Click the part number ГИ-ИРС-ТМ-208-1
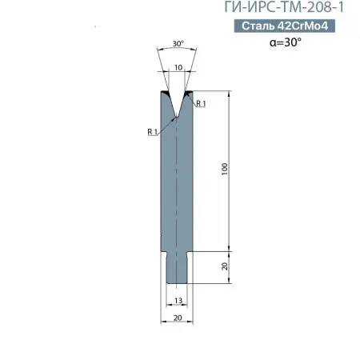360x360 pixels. [284, 7]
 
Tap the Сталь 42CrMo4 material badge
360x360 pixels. [285, 26]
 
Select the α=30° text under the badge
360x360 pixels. [286, 42]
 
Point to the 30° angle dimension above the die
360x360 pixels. [178, 43]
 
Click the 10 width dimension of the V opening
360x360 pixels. [178, 67]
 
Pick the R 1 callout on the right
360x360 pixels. [201, 103]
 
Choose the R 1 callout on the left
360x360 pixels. [152, 131]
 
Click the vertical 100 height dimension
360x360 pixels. [225, 169]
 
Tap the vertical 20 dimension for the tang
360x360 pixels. [225, 266]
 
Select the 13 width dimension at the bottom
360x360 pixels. [178, 301]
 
